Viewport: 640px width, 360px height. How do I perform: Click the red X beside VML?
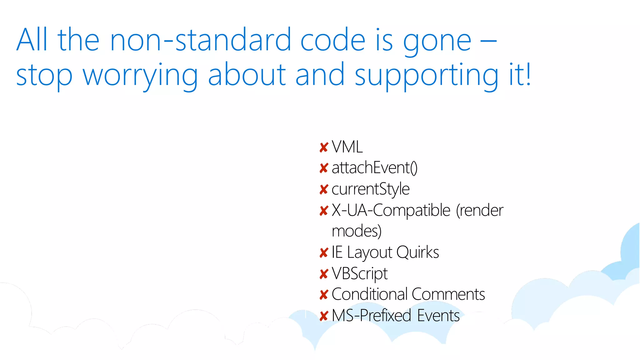click(x=324, y=147)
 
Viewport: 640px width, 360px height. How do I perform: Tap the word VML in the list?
click(x=347, y=147)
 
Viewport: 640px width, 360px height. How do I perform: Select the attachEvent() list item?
click(x=374, y=168)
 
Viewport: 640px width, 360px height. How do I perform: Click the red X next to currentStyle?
click(x=324, y=189)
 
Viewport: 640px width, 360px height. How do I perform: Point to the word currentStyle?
click(x=370, y=189)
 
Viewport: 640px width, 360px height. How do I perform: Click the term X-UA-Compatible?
click(x=391, y=210)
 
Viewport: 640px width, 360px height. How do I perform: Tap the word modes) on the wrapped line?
click(x=357, y=231)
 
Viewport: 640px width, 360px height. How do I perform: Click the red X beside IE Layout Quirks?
click(x=324, y=253)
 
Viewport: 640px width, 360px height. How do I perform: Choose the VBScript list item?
click(x=359, y=273)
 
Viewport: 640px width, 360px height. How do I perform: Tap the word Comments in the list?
click(x=448, y=294)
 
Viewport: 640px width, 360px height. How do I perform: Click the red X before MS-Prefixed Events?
click(x=324, y=316)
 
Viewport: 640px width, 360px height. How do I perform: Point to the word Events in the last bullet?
click(x=438, y=316)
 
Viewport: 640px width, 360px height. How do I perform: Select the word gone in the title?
click(x=437, y=42)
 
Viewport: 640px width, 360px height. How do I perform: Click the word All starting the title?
click(x=32, y=40)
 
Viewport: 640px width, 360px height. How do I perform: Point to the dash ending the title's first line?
click(x=488, y=41)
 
